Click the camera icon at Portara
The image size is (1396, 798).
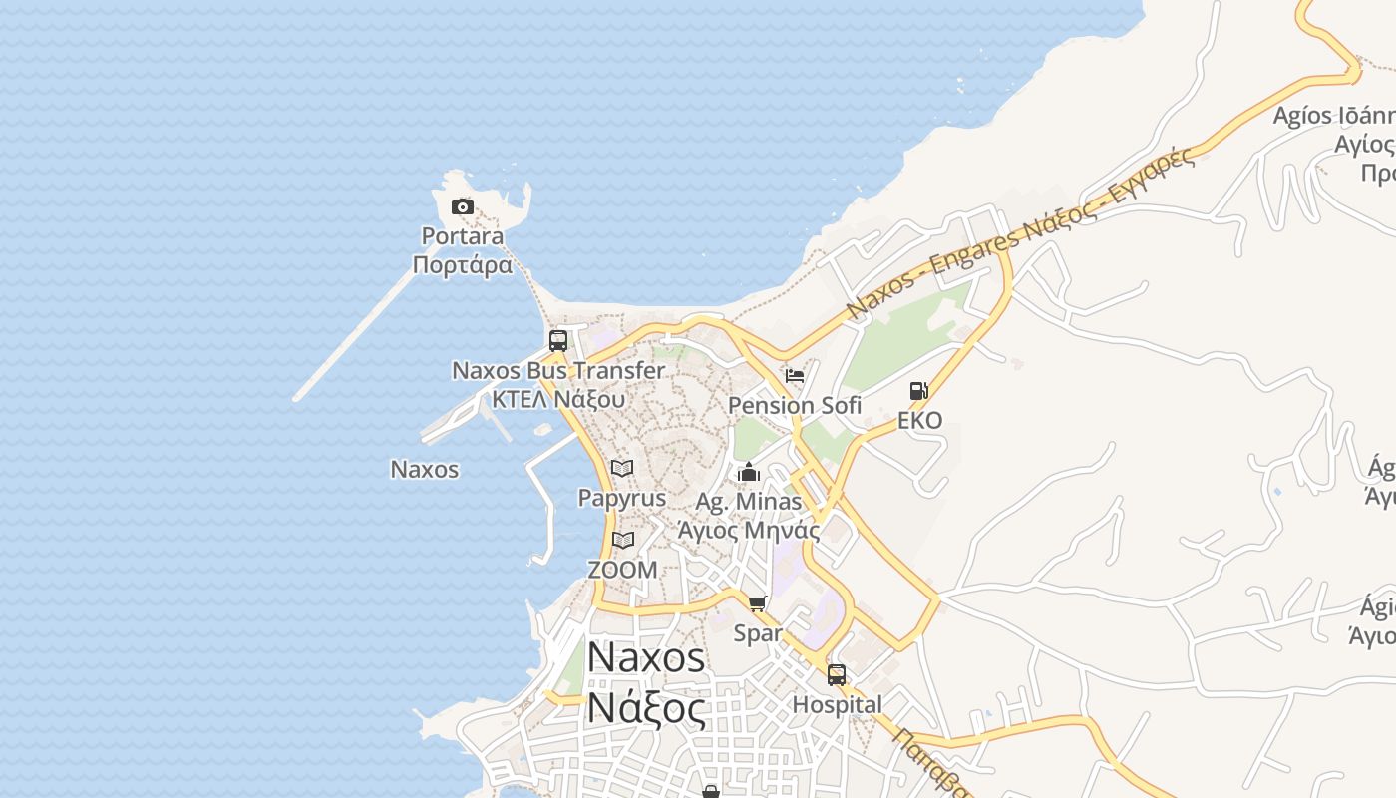463,207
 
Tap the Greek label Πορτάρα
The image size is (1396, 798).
463,265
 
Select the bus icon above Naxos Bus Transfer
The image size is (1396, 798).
558,340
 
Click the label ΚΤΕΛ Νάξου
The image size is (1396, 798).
558,399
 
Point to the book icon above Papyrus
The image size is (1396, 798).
622,468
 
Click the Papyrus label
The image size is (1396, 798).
622,498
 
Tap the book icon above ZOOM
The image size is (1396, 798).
623,541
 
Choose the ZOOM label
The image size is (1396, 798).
623,570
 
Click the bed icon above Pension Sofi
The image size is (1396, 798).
795,376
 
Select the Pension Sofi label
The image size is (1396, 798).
795,405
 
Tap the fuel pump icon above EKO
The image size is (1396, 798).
918,391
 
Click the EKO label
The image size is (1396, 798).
919,420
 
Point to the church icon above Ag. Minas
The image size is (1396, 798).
749,472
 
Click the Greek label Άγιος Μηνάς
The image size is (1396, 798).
749,530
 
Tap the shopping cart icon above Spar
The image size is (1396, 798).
758,603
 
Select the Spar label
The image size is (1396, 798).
758,633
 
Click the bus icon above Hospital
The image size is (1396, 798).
837,675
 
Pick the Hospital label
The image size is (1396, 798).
837,704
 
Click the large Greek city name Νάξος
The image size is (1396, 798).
646,708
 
